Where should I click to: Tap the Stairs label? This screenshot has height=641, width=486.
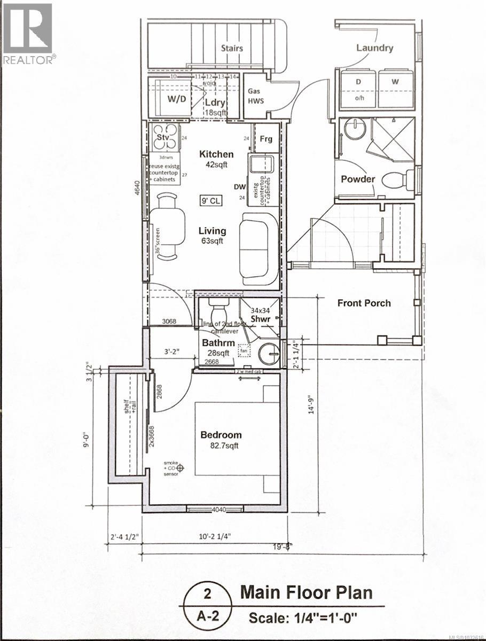[x=232, y=48]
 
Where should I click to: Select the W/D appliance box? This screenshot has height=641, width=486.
[x=173, y=99]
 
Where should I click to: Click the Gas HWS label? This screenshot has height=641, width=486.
[x=254, y=96]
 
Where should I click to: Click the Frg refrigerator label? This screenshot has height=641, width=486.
[x=265, y=139]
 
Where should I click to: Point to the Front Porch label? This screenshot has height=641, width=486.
[x=364, y=303]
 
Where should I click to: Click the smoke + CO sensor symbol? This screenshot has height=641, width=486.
[x=181, y=468]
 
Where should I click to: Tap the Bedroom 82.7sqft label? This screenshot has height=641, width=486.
[x=221, y=440]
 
